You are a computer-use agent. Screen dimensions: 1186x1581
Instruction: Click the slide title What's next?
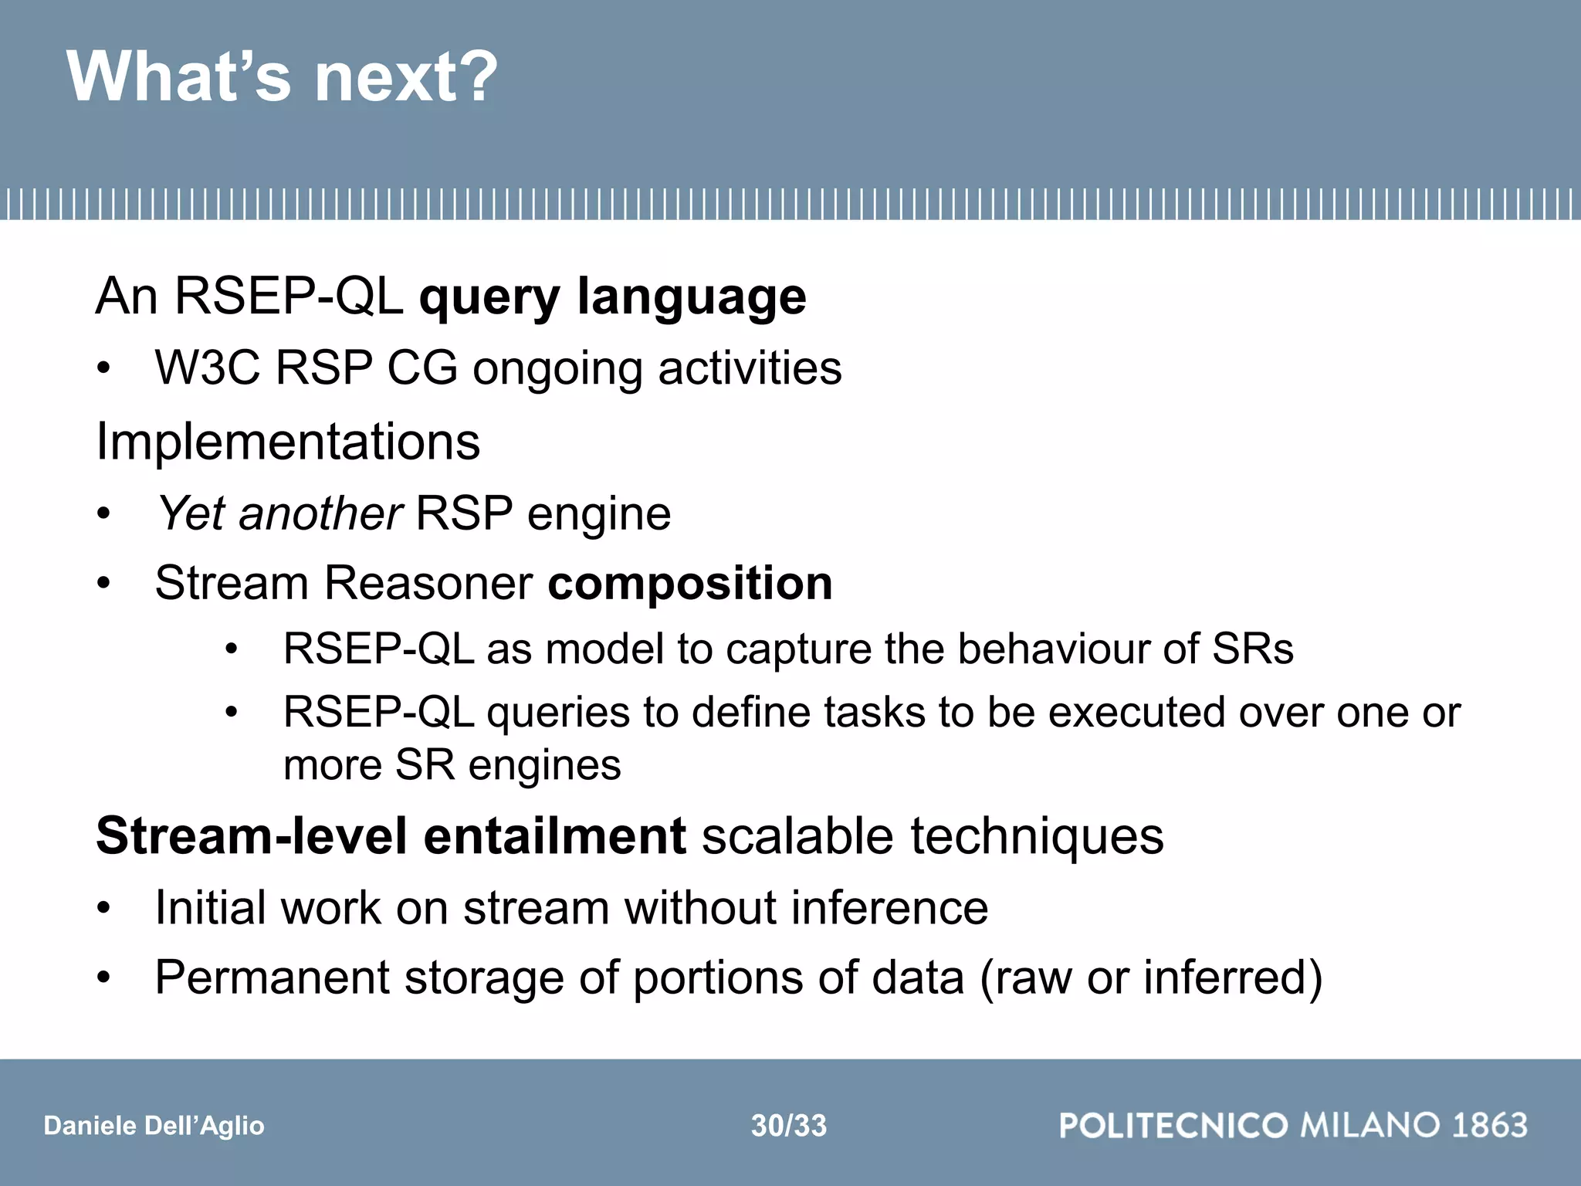[283, 77]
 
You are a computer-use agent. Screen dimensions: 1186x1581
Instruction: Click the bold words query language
[612, 296]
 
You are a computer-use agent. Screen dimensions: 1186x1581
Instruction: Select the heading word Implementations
[288, 442]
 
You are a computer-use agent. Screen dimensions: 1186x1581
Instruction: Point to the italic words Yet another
[279, 513]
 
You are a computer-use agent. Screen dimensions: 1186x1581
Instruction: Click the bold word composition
[689, 583]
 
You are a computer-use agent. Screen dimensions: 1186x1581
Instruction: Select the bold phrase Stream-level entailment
[391, 836]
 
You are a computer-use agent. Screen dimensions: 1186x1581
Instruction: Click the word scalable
[798, 836]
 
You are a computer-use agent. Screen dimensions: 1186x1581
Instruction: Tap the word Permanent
[272, 978]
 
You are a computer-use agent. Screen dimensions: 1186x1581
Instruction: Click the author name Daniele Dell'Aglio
[154, 1126]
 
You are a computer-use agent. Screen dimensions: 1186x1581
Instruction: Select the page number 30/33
[789, 1126]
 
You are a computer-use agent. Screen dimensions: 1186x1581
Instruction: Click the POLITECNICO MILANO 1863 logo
[1293, 1125]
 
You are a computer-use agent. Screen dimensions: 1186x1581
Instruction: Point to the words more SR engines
[452, 766]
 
